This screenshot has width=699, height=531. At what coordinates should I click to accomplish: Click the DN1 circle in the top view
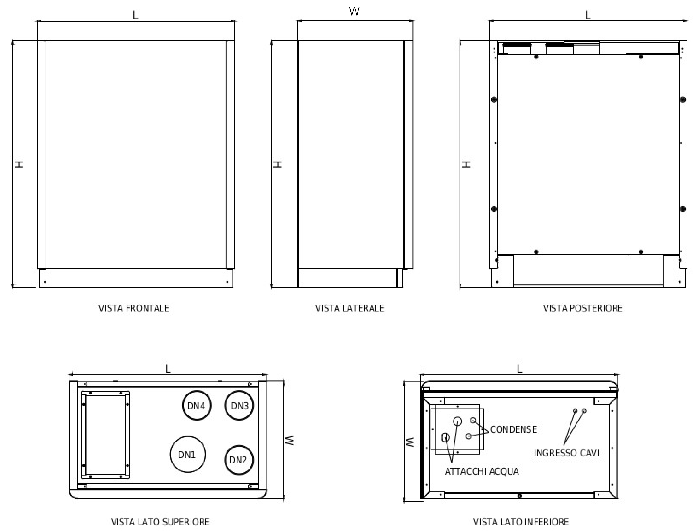(187, 454)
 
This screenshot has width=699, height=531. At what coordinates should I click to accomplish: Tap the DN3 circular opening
(239, 406)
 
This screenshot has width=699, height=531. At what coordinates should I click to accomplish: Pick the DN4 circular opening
(197, 406)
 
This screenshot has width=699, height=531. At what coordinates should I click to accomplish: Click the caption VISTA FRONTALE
(134, 308)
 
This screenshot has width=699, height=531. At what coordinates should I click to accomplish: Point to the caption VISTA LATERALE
(350, 308)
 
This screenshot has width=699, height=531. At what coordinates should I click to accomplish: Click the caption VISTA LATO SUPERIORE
(160, 522)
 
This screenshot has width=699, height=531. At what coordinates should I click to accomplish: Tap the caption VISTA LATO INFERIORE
(521, 522)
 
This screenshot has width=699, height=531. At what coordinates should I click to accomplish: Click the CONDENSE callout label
(513, 429)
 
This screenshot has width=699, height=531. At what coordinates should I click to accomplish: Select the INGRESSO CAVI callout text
(566, 453)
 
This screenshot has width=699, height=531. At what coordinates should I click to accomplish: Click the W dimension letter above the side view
(354, 12)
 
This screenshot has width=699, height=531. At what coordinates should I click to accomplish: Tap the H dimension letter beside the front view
(20, 164)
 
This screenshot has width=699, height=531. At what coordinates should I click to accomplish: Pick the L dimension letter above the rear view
(588, 15)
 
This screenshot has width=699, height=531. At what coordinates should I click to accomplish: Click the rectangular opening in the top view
(106, 435)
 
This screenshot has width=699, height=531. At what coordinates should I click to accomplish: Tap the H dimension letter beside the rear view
(467, 164)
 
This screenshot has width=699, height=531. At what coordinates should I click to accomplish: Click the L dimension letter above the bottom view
(519, 369)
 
